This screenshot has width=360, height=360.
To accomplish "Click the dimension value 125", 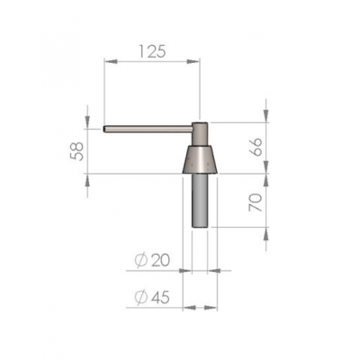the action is pyautogui.click(x=152, y=51).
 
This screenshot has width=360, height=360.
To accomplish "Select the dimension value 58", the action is pyautogui.click(x=76, y=151).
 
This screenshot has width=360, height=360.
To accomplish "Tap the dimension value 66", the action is pyautogui.click(x=256, y=147).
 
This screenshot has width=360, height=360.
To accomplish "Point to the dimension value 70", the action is pyautogui.click(x=256, y=202).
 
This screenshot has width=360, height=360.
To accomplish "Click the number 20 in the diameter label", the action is pyautogui.click(x=160, y=260).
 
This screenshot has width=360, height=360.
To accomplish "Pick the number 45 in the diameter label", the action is pyautogui.click(x=160, y=297).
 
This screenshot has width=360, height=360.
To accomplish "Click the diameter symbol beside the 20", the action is pyautogui.click(x=141, y=260).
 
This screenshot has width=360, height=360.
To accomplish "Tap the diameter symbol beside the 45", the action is pyautogui.click(x=141, y=297).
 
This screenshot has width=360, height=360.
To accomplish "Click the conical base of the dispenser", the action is pyautogui.click(x=200, y=159).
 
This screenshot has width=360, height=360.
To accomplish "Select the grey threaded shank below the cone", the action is pyautogui.click(x=200, y=201).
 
